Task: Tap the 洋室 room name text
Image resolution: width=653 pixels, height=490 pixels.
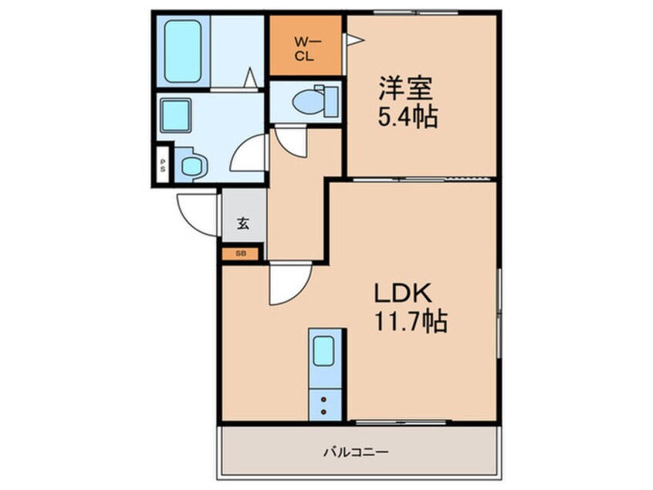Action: click(405, 88)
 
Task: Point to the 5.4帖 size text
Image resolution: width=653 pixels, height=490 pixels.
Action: click(408, 117)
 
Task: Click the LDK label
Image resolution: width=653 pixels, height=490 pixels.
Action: click(403, 293)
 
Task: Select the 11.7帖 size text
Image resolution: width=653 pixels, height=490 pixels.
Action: click(411, 321)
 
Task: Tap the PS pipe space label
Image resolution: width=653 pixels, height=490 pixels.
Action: click(163, 165)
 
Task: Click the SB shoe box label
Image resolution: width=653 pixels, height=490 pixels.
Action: click(241, 254)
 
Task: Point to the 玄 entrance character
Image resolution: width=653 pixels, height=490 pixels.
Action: click(243, 223)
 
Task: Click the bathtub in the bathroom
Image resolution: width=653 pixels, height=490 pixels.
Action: click(183, 51)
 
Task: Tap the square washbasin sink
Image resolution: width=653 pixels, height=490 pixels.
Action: click(176, 115)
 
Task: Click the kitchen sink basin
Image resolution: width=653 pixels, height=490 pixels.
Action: click(323, 351)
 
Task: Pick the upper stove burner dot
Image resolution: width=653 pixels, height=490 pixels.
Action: click(323, 400)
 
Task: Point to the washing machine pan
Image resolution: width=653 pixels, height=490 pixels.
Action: click(191, 165)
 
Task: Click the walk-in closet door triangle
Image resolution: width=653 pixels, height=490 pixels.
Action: click(354, 40)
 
